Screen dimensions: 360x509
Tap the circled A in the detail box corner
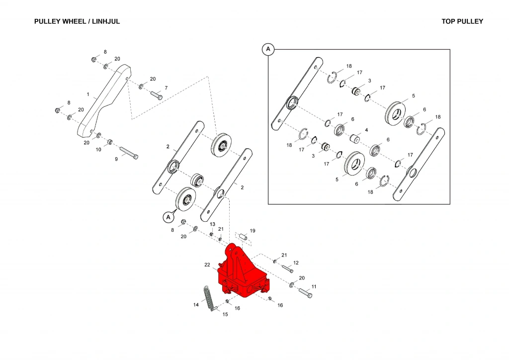(x=268, y=49)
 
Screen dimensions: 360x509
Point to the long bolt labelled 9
(x=128, y=153)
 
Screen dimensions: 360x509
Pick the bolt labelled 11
(x=305, y=293)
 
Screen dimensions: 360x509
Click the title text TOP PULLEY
(x=462, y=21)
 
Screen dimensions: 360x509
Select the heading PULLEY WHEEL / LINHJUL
(x=77, y=21)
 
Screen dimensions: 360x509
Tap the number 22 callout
(x=207, y=266)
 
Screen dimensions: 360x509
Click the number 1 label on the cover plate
(x=87, y=94)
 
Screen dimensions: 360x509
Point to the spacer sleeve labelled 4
(x=354, y=137)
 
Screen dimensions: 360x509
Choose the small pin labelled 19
(x=242, y=237)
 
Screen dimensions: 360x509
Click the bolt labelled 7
(x=156, y=95)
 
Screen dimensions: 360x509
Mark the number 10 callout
(x=98, y=149)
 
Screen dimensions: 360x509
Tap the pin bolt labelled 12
(x=287, y=269)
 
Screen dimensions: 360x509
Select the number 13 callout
(x=212, y=224)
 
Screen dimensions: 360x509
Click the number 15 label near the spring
(x=225, y=314)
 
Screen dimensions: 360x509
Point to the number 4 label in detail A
(x=366, y=130)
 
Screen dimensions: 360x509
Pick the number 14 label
(x=196, y=304)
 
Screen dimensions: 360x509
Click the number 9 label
(x=116, y=159)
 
